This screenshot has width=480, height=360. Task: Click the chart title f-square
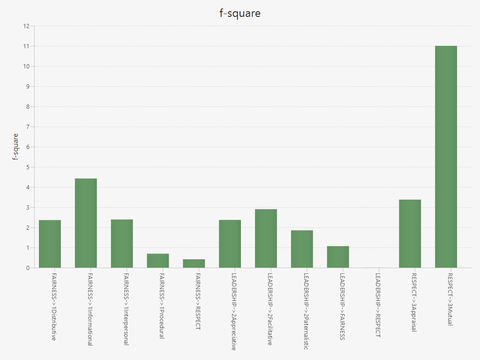240,13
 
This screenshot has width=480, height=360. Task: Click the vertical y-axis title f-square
15,147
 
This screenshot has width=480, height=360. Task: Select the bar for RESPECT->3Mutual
446,157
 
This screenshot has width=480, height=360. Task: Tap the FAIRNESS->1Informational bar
86,223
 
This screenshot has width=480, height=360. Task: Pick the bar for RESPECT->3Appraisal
410,233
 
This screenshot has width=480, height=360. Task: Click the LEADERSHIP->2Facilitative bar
266,238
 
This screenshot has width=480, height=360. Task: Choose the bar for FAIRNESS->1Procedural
158,261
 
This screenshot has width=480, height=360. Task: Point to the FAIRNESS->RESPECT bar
194,263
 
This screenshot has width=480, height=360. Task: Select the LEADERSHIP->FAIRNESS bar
338,257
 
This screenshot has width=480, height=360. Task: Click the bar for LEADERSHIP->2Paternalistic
302,249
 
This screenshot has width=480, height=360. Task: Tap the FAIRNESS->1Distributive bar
50,244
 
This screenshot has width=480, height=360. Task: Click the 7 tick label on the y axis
28,127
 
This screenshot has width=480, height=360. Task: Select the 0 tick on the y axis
28,268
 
